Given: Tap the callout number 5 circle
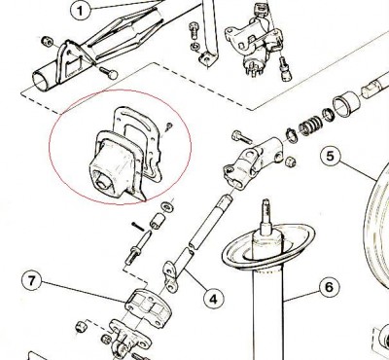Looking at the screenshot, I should coord(331,156).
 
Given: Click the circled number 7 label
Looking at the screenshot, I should coord(32,283).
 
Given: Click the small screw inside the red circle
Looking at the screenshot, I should coord(168,126).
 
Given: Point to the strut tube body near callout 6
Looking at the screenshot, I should coord(267,311).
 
